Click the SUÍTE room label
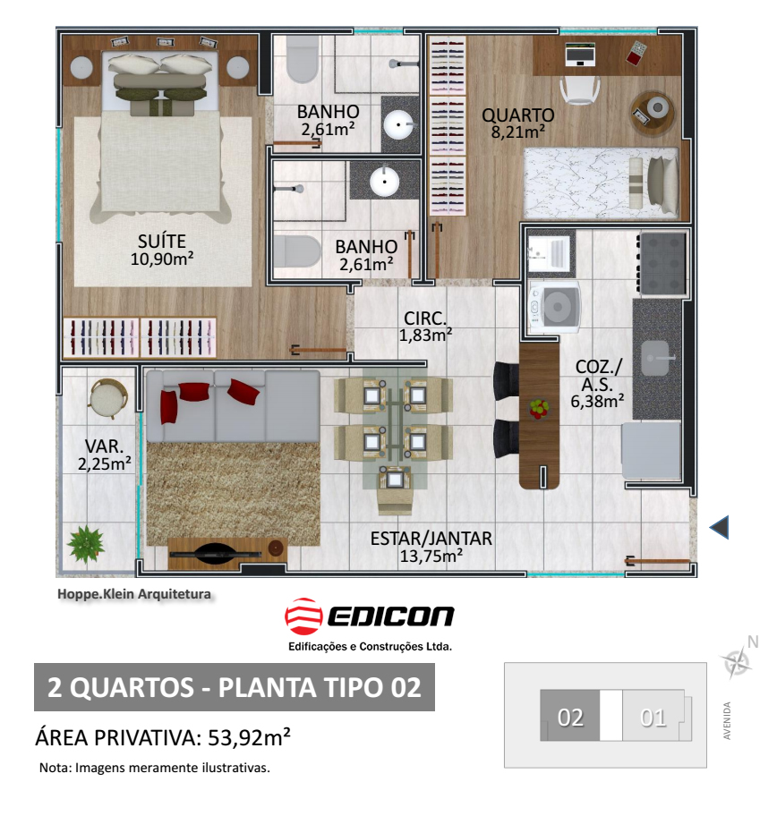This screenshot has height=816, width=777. pyautogui.click(x=162, y=242)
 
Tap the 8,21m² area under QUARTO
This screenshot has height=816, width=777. pyautogui.click(x=517, y=132)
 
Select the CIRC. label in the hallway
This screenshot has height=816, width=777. pyautogui.click(x=425, y=318)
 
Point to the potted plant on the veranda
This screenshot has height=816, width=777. pyautogui.click(x=86, y=544)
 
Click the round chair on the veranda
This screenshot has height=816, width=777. pyautogui.click(x=108, y=398)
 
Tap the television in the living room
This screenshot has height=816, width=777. pyautogui.click(x=215, y=552)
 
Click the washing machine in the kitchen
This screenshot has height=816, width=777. pyautogui.click(x=555, y=307)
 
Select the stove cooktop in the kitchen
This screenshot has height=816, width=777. pyautogui.click(x=662, y=263)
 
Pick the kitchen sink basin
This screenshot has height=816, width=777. pyautogui.click(x=655, y=358)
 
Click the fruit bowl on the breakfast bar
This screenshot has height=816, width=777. pyautogui.click(x=539, y=409)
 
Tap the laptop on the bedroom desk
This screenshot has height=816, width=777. pyautogui.click(x=580, y=55)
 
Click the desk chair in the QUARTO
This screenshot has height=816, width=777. pyautogui.click(x=580, y=89)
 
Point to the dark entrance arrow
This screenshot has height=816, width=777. pyautogui.click(x=719, y=528)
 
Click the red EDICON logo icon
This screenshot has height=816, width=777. pyautogui.click(x=303, y=616)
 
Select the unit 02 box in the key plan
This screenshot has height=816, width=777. pyautogui.click(x=569, y=716)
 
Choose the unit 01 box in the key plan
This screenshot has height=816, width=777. pyautogui.click(x=653, y=716)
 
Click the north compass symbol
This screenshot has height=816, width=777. pyautogui.click(x=737, y=662)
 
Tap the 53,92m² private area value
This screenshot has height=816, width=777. pyautogui.click(x=249, y=737)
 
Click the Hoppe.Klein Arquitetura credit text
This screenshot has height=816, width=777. pyautogui.click(x=134, y=594)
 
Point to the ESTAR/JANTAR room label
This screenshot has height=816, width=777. pyautogui.click(x=431, y=539)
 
